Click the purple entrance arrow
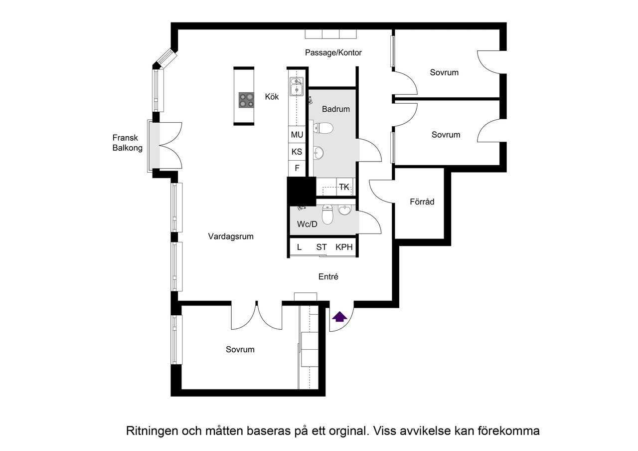click(339, 316)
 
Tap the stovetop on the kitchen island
click(246, 100)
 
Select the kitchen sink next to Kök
click(297, 86)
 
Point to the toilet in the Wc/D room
click(327, 215)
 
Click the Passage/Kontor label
click(333, 53)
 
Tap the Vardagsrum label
click(231, 236)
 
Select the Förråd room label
click(422, 202)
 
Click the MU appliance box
click(297, 134)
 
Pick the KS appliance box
click(297, 152)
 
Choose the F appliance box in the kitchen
click(297, 168)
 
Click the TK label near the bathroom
click(344, 187)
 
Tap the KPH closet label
click(344, 247)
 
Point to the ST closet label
click(321, 247)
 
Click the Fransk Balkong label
click(127, 143)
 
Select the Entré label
click(328, 277)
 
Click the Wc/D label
click(307, 225)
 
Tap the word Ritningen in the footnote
click(152, 431)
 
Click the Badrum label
click(336, 109)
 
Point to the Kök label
click(272, 97)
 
